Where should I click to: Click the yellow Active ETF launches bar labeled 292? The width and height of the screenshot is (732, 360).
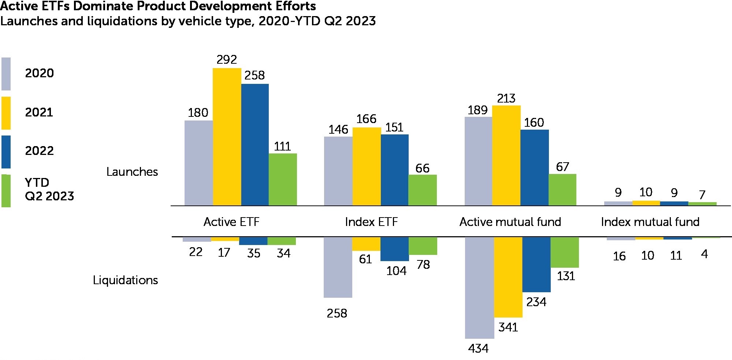227,137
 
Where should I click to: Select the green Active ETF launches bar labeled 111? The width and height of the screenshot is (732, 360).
283,179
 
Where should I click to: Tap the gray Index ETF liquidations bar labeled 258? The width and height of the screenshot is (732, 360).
338,267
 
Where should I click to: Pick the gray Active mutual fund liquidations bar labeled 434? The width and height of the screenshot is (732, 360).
479,287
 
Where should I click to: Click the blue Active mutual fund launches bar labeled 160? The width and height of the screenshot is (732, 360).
534,167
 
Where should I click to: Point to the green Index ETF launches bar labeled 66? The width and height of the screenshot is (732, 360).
422,190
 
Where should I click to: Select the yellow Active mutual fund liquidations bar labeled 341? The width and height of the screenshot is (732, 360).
508,277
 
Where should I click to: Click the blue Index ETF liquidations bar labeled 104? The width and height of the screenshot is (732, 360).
394,249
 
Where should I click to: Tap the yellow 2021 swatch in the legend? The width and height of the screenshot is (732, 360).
6,113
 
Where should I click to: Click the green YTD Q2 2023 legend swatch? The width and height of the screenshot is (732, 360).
6,191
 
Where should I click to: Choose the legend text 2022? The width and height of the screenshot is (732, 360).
39,151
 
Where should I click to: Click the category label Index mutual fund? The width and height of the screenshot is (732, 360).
650,222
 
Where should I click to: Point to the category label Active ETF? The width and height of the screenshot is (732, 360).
231,222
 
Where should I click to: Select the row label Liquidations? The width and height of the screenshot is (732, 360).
125,280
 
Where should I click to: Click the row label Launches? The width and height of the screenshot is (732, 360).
132,172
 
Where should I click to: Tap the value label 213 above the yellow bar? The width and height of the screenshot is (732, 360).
506,98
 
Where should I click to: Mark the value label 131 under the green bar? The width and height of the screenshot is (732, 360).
566,276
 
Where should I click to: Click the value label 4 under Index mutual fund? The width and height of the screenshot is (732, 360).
704,254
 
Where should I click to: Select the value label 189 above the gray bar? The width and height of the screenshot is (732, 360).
478,110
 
